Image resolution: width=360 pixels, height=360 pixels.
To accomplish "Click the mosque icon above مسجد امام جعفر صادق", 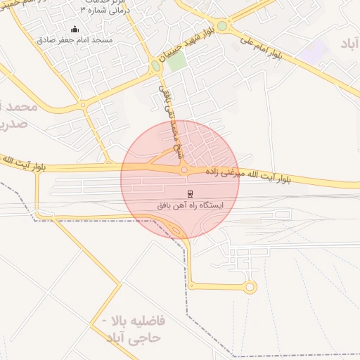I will click(x=75, y=29).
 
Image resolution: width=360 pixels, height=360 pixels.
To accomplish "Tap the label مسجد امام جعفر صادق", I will click(x=75, y=40).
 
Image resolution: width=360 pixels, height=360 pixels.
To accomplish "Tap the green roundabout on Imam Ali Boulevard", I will click(x=222, y=26).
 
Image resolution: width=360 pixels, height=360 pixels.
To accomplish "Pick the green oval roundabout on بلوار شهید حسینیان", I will click(x=155, y=66).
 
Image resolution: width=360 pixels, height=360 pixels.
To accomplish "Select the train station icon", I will click(x=190, y=193).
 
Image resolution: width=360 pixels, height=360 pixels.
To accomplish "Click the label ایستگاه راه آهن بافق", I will click(x=190, y=205).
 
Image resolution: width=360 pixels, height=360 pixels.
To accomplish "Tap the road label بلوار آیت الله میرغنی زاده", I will click(x=247, y=176).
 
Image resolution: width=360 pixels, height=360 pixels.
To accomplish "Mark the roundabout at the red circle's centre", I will click(x=184, y=169).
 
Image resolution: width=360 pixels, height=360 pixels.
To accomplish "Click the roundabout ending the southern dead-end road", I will click(x=250, y=286).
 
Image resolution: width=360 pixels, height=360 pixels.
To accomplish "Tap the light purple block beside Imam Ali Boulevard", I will click(x=314, y=50).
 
